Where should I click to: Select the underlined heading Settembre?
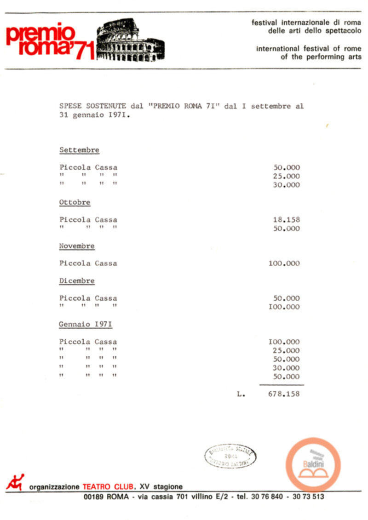pos(79,150)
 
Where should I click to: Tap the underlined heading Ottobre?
pos(75,202)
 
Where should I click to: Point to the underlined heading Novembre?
pos(77,246)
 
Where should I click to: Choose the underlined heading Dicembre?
pos(77,281)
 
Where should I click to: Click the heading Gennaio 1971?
pos(86,325)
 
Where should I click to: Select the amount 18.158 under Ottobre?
pos(286,220)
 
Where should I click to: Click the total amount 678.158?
pos(284,394)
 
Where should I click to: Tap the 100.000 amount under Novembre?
pos(284,263)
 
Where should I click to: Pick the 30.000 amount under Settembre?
pos(286,185)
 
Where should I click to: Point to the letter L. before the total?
pos(241,394)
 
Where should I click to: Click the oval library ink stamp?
pos(230,457)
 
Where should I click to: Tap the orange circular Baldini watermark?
pos(313,463)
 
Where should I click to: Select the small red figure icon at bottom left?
pos(15,482)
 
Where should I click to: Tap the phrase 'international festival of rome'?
pos(309,48)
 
